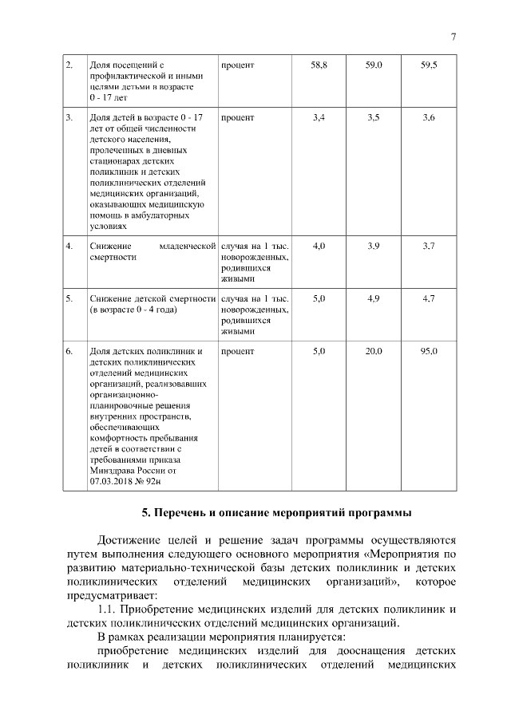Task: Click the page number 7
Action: [453, 37]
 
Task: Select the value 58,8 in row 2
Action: [319, 63]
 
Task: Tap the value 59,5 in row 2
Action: [429, 63]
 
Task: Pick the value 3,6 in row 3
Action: [429, 118]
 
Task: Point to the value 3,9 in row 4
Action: [374, 246]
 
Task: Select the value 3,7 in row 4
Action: [429, 246]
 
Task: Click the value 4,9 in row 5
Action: [374, 298]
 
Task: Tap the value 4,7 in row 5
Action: [429, 298]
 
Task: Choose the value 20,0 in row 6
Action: [374, 351]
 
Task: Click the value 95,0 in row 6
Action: [429, 351]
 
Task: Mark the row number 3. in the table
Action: [69, 118]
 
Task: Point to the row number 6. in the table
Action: [69, 351]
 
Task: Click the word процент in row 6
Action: [238, 351]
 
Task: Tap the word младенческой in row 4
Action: [188, 246]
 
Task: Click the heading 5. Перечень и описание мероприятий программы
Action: [262, 511]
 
